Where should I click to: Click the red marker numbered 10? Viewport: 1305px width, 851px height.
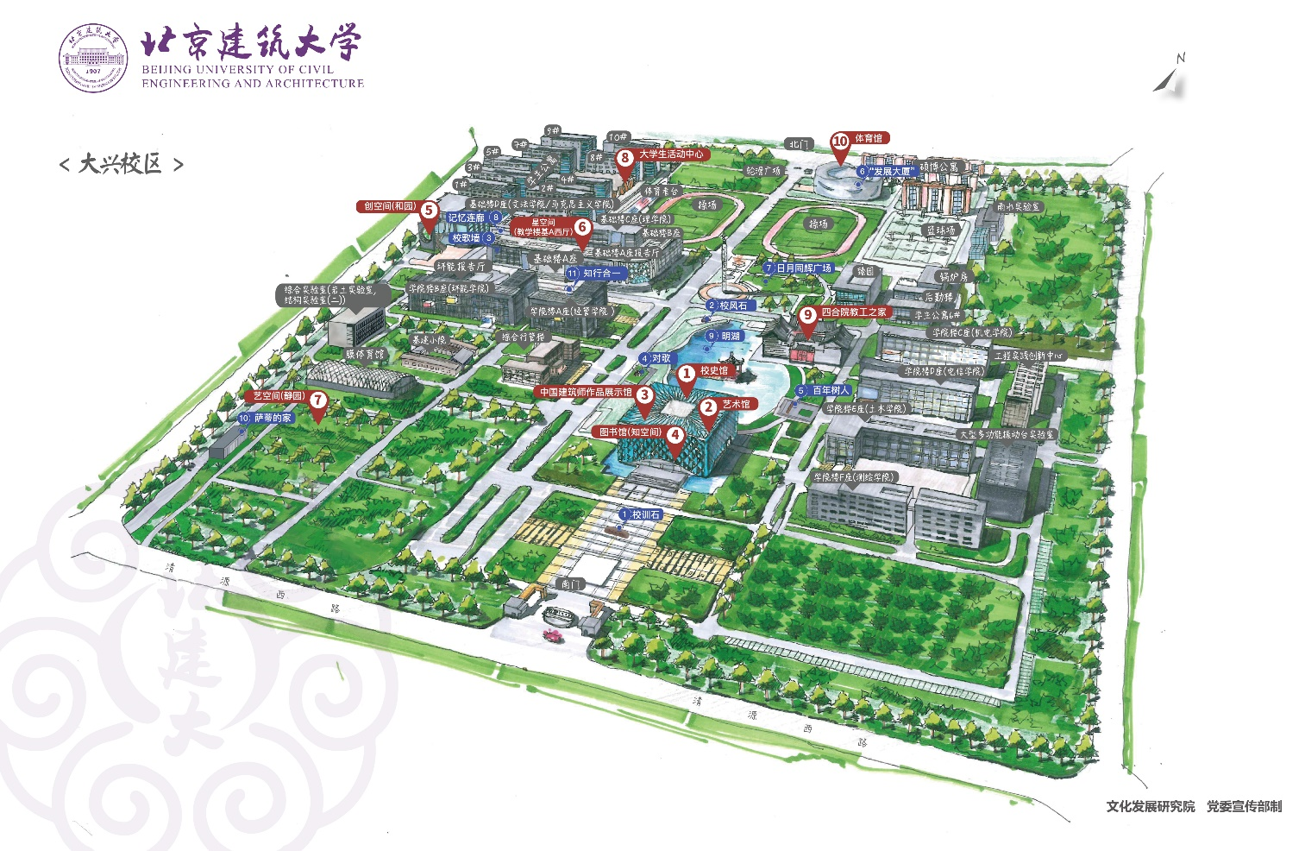(x=840, y=142)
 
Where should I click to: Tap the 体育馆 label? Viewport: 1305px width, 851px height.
(x=869, y=138)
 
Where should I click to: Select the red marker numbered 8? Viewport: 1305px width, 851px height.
(x=625, y=158)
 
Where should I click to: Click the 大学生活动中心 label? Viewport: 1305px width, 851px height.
(x=671, y=154)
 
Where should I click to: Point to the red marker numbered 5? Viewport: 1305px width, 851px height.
(x=429, y=210)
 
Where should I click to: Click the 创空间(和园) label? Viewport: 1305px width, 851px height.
(x=389, y=206)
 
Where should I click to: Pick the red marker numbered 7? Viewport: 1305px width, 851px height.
(x=318, y=400)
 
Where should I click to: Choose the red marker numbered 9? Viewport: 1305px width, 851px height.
(x=808, y=315)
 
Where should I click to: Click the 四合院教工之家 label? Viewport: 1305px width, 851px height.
(x=853, y=312)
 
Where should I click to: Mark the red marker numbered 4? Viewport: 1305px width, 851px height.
(x=675, y=436)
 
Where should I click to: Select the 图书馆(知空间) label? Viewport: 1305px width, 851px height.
(x=630, y=432)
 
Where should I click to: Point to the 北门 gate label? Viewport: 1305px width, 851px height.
(x=799, y=144)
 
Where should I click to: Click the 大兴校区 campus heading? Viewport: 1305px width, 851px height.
(x=121, y=164)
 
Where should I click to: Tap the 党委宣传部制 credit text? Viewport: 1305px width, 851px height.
(x=1244, y=806)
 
